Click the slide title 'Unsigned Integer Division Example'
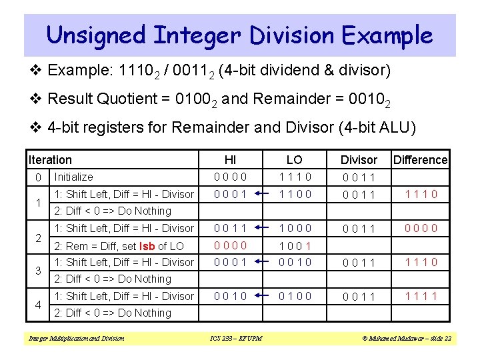click(240, 35)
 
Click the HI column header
click(230, 160)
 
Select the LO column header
click(294, 160)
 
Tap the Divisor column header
click(359, 160)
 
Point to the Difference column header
click(421, 160)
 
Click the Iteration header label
click(50, 160)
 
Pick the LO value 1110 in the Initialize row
click(294, 177)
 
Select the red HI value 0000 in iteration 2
click(230, 245)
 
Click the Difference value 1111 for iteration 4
click(421, 296)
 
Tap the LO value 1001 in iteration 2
click(294, 245)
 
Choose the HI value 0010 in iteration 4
click(230, 296)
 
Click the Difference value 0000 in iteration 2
click(421, 228)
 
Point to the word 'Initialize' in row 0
click(73, 177)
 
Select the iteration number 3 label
click(39, 271)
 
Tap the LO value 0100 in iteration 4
click(294, 296)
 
